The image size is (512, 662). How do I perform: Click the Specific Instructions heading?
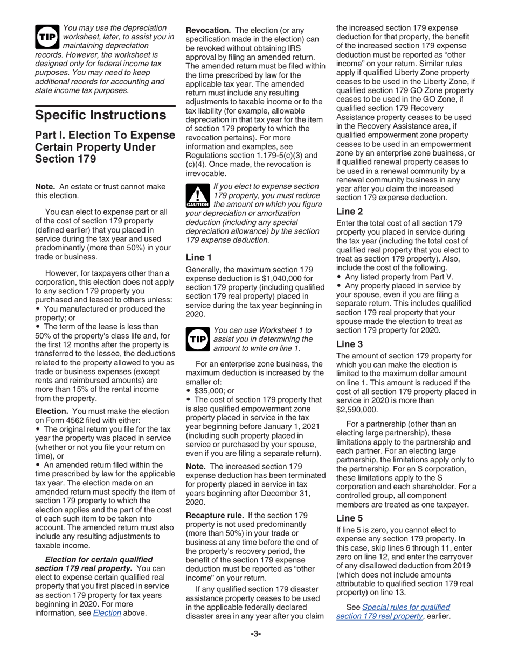100,115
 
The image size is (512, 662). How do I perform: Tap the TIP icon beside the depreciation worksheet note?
47,37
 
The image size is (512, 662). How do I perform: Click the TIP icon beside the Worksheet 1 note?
197,339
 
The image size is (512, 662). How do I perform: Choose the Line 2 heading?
349,212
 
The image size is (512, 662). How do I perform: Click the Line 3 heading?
349,344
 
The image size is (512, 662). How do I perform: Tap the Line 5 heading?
349,518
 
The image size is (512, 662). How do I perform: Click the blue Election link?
107,612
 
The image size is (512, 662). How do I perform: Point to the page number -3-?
255,634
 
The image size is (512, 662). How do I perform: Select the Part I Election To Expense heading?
105,147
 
